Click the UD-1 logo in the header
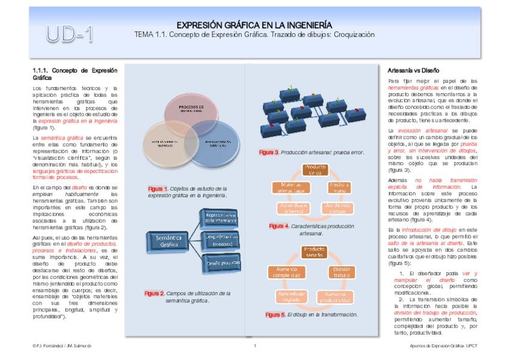click(x=70, y=34)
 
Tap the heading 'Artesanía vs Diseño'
click(x=414, y=70)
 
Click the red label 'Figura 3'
click(x=269, y=152)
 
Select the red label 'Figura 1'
click(x=158, y=189)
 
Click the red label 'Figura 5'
click(x=275, y=314)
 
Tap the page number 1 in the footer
click(x=255, y=346)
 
